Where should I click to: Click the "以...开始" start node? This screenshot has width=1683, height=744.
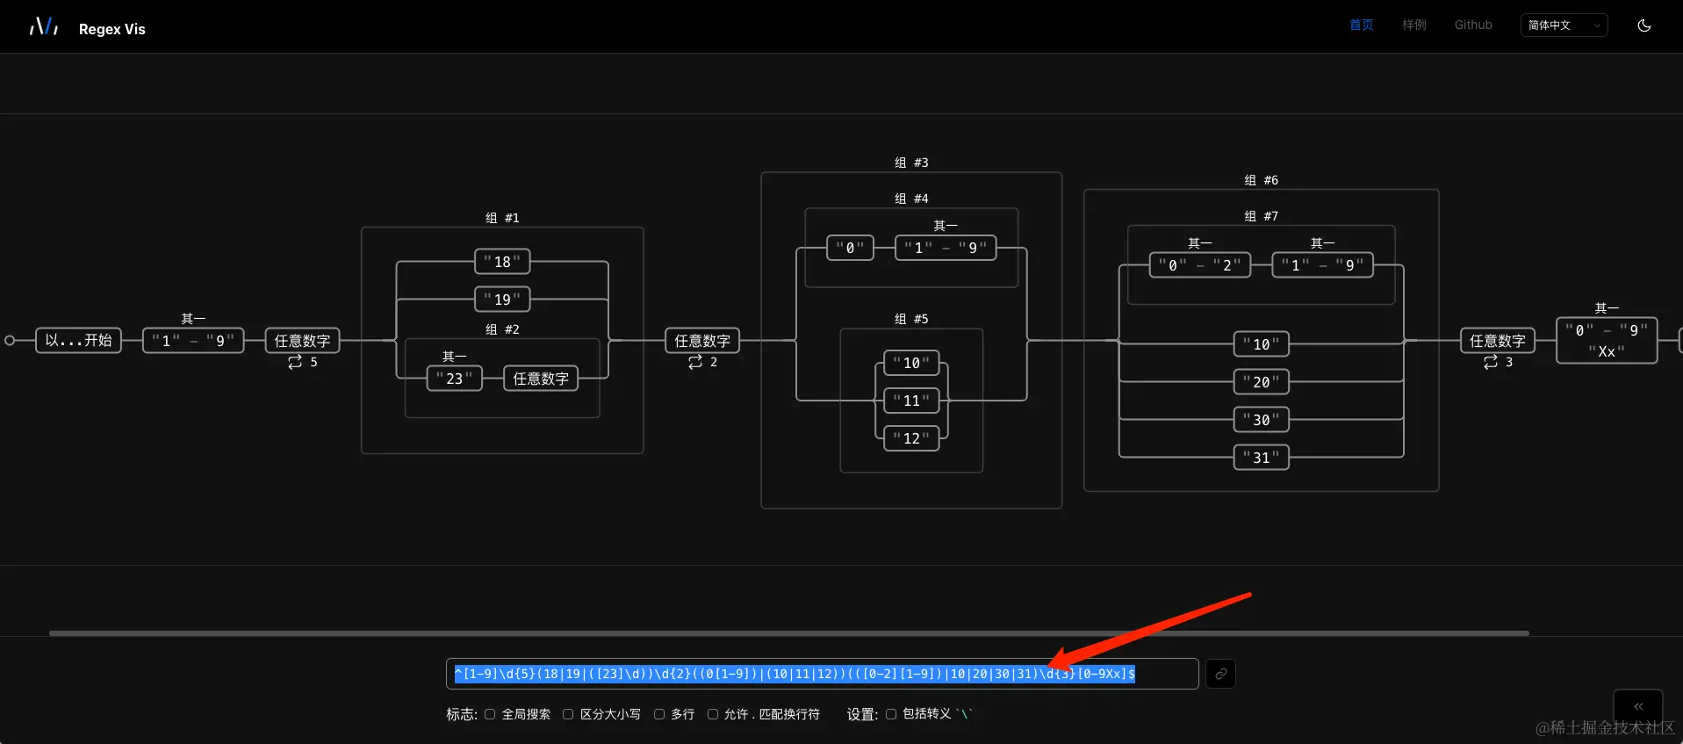click(x=78, y=340)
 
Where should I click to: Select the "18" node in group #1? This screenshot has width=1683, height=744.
click(x=502, y=261)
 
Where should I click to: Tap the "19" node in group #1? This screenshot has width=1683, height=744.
click(x=502, y=299)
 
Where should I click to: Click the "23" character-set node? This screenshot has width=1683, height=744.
click(x=454, y=379)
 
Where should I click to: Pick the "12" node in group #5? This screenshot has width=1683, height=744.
click(x=911, y=438)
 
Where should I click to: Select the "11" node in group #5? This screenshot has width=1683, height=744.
click(x=911, y=401)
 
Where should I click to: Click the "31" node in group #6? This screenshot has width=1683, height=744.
click(x=1261, y=458)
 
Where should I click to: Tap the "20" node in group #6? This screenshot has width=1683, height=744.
click(x=1261, y=382)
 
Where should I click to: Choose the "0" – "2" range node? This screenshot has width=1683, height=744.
click(x=1199, y=265)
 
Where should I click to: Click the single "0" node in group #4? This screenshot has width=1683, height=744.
click(x=850, y=248)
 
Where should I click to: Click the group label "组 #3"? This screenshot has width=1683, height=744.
click(x=911, y=163)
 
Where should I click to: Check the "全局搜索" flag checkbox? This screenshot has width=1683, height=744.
click(x=490, y=714)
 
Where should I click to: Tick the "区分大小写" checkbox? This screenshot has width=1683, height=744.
click(x=568, y=714)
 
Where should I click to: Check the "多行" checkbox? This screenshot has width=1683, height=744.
click(x=659, y=714)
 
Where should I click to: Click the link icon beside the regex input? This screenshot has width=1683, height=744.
click(x=1220, y=674)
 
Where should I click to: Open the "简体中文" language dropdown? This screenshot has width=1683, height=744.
click(x=1564, y=25)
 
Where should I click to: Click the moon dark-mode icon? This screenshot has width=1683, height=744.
click(x=1644, y=25)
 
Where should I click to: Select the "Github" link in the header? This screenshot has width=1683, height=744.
click(x=1473, y=25)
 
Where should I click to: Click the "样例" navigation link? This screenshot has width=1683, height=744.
click(x=1414, y=25)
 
